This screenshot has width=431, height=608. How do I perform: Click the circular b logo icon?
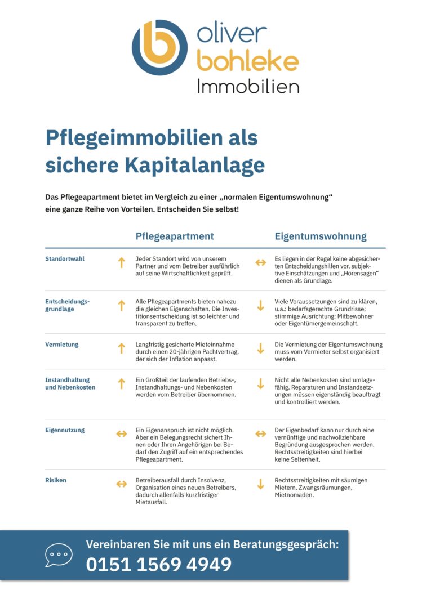pos(159,48)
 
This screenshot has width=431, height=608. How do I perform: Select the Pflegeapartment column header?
pos(175,236)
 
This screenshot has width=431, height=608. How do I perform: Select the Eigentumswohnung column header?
pos(320,236)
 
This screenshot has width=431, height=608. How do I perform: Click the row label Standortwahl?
pos(65,259)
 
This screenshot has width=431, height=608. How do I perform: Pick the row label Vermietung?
pos(62,345)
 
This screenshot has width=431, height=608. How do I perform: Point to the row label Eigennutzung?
pos(65,430)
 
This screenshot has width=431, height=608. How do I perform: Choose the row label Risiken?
pos(56,480)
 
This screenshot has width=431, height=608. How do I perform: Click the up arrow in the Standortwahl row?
pos(121,262)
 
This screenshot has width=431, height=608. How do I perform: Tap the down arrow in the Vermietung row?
pos(260,348)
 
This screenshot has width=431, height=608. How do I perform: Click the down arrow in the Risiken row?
pos(260,484)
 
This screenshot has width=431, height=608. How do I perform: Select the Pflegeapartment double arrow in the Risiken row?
pos(121,484)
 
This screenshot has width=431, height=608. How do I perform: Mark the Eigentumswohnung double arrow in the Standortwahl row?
pos(260,262)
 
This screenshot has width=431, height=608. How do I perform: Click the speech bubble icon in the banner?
pos(59,555)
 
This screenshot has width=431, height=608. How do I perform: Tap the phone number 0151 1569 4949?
pos(158,564)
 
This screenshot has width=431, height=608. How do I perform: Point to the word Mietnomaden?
pos(295,495)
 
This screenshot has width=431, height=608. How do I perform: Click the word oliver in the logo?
pos(232,34)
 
